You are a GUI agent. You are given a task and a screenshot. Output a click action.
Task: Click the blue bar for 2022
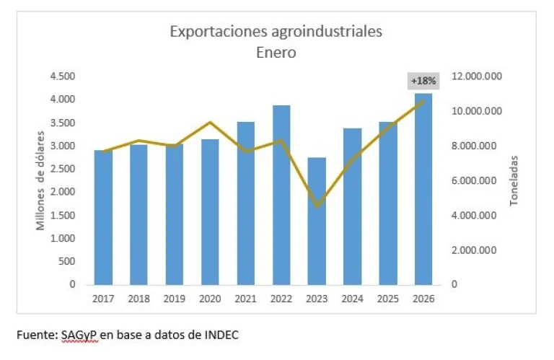pos(282,195)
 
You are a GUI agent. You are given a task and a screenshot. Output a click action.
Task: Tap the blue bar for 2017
pos(103,217)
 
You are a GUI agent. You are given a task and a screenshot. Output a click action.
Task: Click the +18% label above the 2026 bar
pos(423,81)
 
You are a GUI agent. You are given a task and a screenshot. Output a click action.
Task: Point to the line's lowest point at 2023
pos(317,206)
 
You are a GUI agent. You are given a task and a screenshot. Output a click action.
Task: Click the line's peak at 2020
pos(210,123)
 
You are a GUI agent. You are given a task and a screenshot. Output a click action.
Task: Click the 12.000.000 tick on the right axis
pos(477,76)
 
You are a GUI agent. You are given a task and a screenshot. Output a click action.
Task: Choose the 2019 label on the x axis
pos(175,299)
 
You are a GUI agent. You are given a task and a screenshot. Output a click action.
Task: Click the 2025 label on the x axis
pos(388,299)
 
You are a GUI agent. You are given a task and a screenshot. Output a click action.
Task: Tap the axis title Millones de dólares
pos(43,180)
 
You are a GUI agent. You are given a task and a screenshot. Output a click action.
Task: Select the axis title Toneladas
pos(514,180)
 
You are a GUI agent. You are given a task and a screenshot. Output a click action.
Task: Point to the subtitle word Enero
pos(276,52)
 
